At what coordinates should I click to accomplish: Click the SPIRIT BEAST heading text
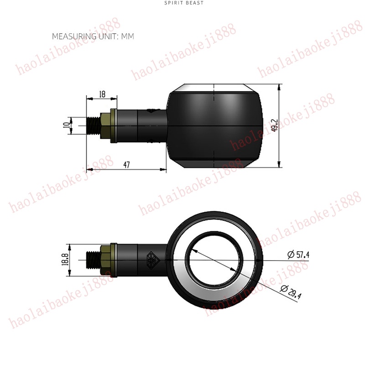[184, 3]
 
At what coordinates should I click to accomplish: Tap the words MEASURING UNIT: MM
[93, 36]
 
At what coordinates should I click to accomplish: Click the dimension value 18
[102, 94]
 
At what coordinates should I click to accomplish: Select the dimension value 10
[67, 125]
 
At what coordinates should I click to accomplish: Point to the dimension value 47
[126, 165]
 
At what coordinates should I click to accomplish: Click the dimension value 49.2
[275, 125]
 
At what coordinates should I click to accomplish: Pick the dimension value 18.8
[65, 259]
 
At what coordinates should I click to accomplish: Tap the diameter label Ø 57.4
[298, 254]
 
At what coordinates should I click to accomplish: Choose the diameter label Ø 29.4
[291, 292]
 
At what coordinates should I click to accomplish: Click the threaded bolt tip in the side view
[94, 125]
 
